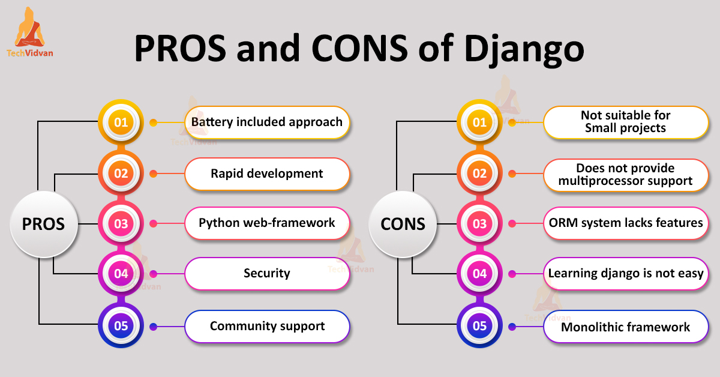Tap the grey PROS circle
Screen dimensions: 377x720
coord(43,224)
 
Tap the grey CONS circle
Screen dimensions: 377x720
coord(403,224)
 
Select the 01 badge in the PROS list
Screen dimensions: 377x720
coord(121,122)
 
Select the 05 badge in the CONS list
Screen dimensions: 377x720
coord(480,327)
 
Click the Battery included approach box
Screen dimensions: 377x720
coord(267,122)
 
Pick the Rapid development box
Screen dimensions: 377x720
coord(267,174)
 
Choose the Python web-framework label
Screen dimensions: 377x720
coord(267,223)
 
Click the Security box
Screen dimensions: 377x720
coord(267,274)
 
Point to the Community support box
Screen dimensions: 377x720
coord(267,327)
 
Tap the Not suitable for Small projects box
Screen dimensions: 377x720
coord(625,122)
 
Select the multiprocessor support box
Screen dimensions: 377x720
coord(625,175)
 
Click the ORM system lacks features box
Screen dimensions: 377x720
coord(625,223)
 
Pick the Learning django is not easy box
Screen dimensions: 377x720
coord(625,274)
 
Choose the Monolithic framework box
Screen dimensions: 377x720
coord(625,327)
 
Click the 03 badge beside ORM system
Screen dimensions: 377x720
coord(480,224)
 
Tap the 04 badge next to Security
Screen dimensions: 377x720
coord(121,274)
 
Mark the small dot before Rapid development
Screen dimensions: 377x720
coord(153,174)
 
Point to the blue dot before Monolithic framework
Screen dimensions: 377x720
coord(512,327)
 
